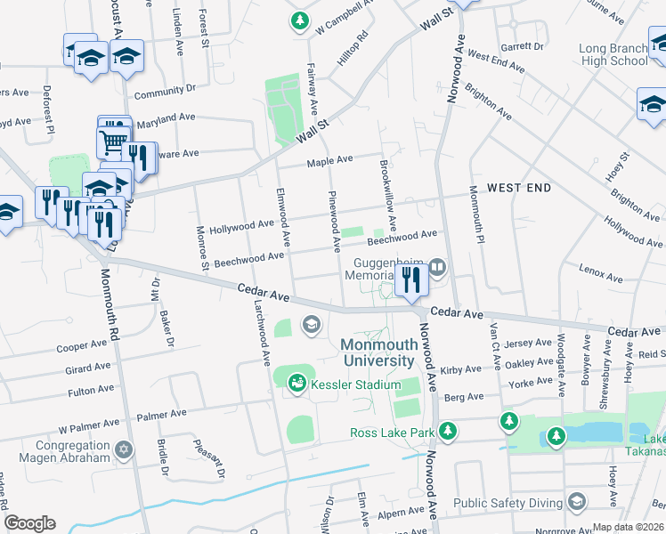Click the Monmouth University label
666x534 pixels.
[378, 352]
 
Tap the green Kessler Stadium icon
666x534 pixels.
[296, 384]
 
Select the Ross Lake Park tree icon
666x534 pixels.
[449, 432]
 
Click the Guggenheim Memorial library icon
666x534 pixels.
[437, 266]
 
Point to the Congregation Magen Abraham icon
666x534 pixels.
[124, 450]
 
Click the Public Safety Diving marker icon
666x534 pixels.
[577, 503]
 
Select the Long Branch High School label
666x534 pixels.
[613, 54]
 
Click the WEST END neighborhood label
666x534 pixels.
[519, 188]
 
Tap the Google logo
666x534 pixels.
[29, 523]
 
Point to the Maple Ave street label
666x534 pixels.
[330, 161]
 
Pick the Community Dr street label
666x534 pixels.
[165, 90]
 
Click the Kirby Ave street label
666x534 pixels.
[460, 368]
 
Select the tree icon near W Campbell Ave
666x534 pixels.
[301, 20]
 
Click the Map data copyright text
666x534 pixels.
[628, 527]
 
